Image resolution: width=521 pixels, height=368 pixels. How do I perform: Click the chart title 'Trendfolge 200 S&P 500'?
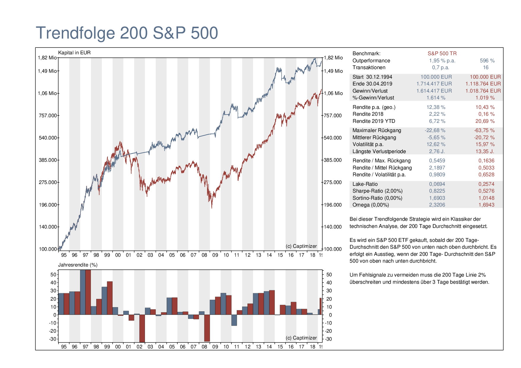[x=127, y=33]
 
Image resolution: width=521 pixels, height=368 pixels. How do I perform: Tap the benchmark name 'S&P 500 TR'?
[x=442, y=53]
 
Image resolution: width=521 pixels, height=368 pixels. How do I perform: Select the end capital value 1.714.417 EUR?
[x=434, y=84]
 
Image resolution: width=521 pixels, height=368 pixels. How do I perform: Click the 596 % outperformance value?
[x=487, y=61]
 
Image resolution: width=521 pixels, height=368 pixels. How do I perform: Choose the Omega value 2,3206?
[x=437, y=205]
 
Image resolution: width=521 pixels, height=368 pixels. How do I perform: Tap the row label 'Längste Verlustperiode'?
[x=379, y=151]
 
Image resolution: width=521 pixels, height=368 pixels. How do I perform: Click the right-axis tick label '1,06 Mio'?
[x=333, y=93]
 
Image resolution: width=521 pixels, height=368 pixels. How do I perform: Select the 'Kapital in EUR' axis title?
[x=74, y=53]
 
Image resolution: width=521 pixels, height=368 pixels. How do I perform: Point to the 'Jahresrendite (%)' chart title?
[x=78, y=265]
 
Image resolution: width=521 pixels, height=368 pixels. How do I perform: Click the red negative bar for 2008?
[x=207, y=328]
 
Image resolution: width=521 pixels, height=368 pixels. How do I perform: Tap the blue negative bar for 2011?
[x=234, y=320]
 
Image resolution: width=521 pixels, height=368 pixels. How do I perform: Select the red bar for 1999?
[x=110, y=298]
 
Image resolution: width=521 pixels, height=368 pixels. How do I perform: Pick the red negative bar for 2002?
[x=142, y=329]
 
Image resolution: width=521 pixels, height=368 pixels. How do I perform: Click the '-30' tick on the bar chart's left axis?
[x=53, y=339]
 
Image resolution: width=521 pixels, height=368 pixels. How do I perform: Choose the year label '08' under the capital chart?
[x=204, y=255]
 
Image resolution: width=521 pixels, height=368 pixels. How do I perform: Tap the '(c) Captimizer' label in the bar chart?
[x=301, y=338]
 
